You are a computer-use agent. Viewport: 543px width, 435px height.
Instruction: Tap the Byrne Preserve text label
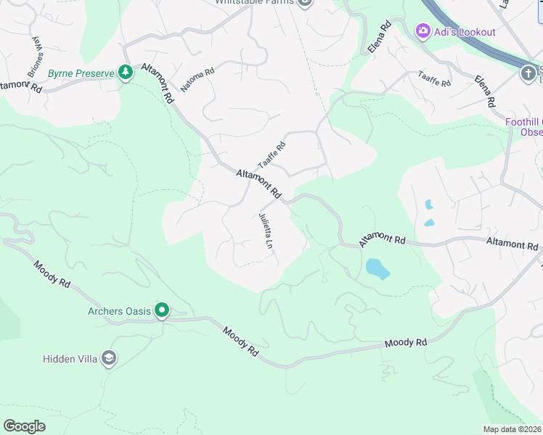point(83,73)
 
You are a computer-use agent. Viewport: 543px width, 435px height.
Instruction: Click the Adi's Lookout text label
point(465,32)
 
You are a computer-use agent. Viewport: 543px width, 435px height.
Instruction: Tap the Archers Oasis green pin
point(162,312)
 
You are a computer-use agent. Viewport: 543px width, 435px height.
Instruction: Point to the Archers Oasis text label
point(119,312)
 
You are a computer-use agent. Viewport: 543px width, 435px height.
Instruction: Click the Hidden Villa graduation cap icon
point(109,357)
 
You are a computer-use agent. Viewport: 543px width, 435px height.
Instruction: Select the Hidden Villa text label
point(70,358)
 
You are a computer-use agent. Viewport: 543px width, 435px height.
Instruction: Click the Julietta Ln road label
point(266,231)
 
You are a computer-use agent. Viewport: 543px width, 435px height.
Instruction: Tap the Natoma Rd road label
point(197,80)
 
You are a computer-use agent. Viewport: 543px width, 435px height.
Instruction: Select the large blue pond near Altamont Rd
point(377,269)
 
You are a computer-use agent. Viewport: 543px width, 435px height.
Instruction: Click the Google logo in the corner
point(24,426)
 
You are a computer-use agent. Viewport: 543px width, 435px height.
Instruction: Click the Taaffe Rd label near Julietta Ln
point(271,155)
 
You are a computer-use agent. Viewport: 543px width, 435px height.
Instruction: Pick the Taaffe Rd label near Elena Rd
point(433,79)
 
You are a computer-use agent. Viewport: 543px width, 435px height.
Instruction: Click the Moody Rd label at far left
point(51,275)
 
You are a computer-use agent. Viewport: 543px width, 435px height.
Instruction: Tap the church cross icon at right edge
point(528,72)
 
